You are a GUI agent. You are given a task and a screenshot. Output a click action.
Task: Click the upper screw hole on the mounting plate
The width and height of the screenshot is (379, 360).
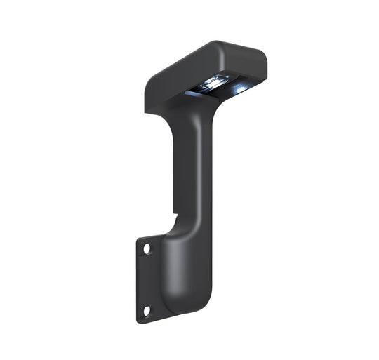[x=147, y=249]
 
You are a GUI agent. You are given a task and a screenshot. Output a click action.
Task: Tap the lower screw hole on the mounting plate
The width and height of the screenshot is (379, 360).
[x=147, y=310]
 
